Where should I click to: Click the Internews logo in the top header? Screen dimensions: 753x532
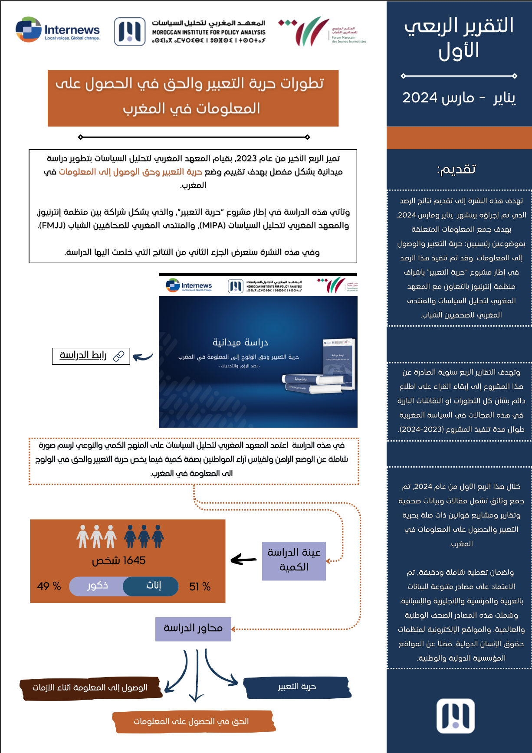[x=58, y=30]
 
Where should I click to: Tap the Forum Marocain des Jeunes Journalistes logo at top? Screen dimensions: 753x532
[x=322, y=31]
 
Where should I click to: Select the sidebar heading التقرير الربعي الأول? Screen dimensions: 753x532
[x=459, y=38]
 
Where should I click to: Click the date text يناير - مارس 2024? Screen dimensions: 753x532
[x=459, y=98]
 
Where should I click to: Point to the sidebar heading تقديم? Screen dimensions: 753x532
[x=456, y=169]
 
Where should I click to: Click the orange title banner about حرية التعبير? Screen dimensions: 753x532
[x=193, y=98]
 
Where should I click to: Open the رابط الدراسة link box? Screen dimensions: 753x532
[x=91, y=356]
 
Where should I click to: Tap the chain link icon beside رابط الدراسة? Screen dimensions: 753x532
[x=118, y=356]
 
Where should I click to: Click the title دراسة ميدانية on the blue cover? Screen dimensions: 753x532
[x=240, y=342]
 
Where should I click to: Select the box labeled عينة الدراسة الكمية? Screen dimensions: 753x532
[x=294, y=561]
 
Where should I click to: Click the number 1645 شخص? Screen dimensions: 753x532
[x=118, y=560]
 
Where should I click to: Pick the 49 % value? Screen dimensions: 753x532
[x=49, y=586]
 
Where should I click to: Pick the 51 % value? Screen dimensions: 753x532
[x=200, y=587]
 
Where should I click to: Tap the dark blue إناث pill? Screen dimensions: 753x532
[x=151, y=586]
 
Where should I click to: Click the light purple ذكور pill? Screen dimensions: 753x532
[x=97, y=586]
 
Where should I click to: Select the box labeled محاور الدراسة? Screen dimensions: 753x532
[x=193, y=629]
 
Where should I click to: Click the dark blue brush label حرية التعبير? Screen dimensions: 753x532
[x=297, y=687]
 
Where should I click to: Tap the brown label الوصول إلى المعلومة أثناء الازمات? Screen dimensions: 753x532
[x=90, y=688]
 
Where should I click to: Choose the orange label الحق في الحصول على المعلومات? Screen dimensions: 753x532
[x=191, y=721]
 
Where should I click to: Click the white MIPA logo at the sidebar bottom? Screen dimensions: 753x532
[x=455, y=716]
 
